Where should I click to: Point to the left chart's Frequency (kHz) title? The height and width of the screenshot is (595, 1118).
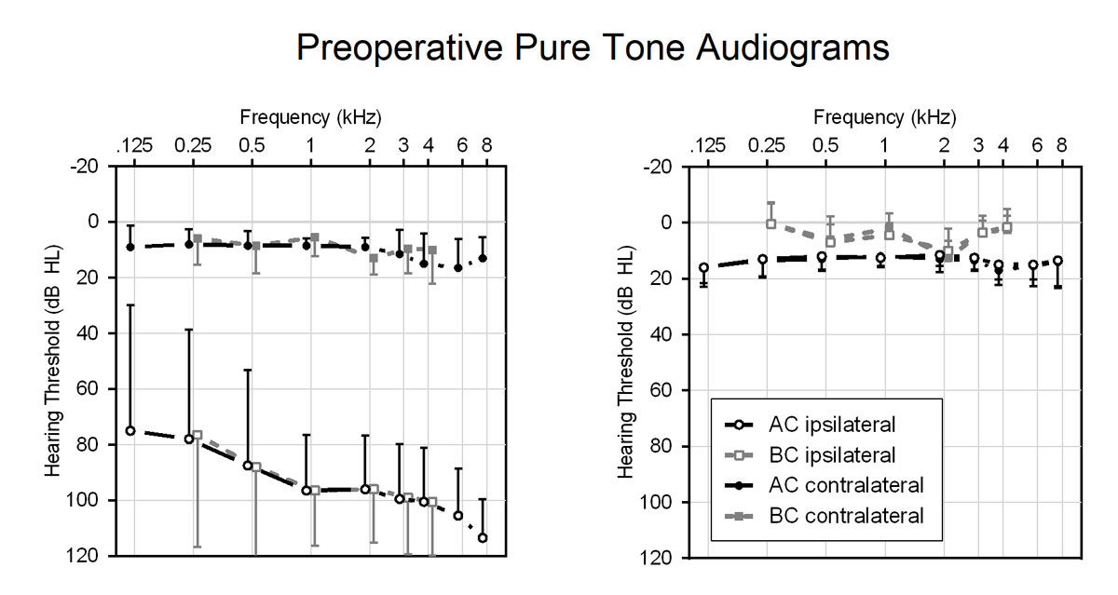(310, 117)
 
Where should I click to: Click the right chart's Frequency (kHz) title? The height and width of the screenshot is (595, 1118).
(884, 117)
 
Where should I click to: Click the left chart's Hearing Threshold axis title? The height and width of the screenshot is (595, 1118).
(53, 361)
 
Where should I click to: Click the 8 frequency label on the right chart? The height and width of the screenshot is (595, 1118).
(1060, 145)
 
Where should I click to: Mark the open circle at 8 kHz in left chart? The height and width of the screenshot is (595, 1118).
(483, 538)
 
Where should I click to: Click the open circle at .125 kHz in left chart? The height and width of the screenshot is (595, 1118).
(130, 430)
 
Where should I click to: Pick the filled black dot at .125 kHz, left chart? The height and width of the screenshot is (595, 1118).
(130, 247)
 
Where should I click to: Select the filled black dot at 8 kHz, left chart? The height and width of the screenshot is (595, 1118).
(483, 258)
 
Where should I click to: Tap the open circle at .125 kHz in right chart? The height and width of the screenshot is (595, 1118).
(704, 267)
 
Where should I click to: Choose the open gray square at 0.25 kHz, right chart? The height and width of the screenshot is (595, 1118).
(770, 223)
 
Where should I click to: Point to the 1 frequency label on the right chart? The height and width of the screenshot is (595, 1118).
(884, 145)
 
